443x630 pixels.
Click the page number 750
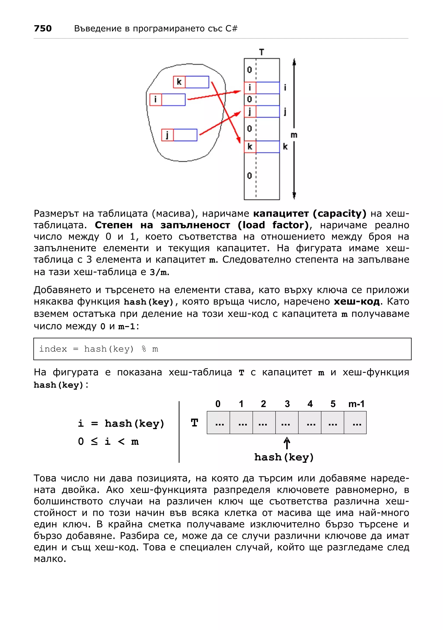(43, 28)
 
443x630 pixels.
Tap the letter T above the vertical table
(262, 52)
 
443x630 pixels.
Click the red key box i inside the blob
(156, 99)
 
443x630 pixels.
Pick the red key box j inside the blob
(167, 135)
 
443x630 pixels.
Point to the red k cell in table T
(250, 147)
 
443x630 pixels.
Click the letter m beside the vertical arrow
(294, 135)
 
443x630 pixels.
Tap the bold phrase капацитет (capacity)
(310, 213)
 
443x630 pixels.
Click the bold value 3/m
(158, 272)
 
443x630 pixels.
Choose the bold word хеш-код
(356, 301)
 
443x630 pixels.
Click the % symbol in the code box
(144, 349)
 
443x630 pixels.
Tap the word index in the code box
(53, 349)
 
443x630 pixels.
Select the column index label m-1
(356, 404)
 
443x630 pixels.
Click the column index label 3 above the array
(287, 404)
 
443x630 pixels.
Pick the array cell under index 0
(218, 423)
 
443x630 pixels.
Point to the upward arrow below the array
(287, 443)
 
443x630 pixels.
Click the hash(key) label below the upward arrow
(284, 457)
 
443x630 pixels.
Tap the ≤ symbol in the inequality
(94, 441)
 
